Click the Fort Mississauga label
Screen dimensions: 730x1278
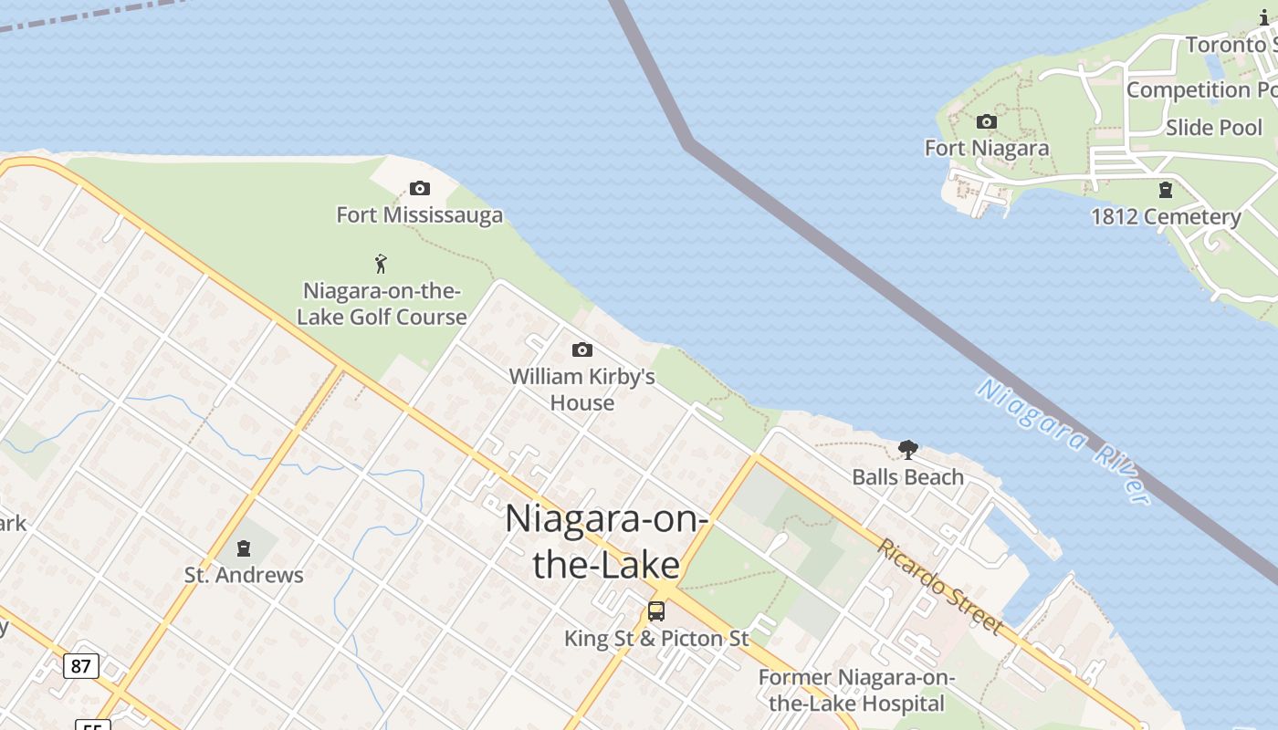point(419,215)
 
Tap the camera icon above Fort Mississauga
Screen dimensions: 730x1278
point(420,189)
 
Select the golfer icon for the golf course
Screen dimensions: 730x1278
point(382,265)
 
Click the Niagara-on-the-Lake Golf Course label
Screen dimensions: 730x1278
point(382,304)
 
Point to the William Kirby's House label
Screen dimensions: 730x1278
point(581,389)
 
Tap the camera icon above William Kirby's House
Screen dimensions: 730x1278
point(581,350)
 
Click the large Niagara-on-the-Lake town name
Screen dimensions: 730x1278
point(606,541)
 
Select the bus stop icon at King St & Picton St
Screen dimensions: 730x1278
point(655,611)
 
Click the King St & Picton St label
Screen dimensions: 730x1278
point(656,639)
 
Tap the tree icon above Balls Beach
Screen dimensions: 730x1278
point(907,450)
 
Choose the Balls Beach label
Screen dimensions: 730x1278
point(907,477)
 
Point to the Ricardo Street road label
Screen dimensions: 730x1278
point(940,586)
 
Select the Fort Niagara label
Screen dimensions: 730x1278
point(986,148)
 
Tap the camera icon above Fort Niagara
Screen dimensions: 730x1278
point(986,122)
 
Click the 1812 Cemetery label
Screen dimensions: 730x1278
point(1166,217)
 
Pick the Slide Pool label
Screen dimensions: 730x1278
point(1213,128)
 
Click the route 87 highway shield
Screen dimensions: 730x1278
point(81,666)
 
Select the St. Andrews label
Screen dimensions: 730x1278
point(244,575)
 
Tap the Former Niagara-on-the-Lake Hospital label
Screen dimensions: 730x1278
point(856,691)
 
